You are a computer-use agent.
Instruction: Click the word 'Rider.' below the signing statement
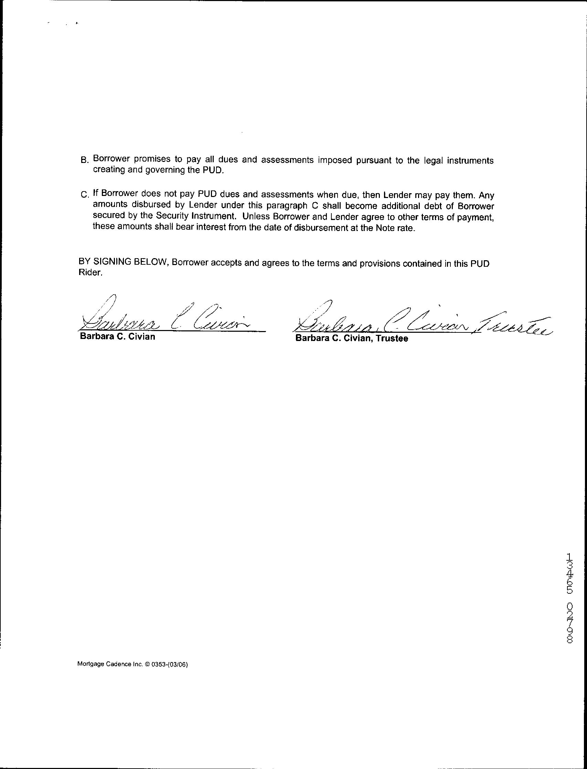(x=90, y=273)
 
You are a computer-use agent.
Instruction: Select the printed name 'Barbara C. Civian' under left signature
(x=117, y=337)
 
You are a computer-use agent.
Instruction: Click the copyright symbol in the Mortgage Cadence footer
(x=147, y=665)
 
